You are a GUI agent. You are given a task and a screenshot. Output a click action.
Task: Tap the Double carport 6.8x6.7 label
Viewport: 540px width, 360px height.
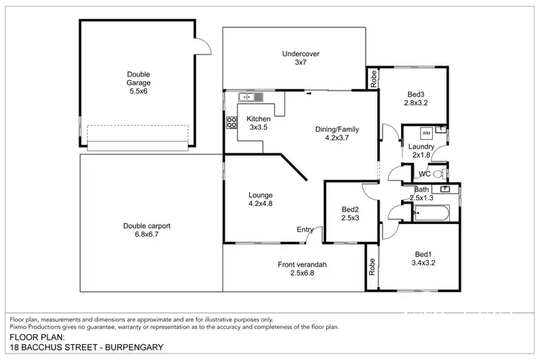click(147, 230)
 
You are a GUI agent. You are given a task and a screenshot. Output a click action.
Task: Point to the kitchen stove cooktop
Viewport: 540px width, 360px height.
click(233, 122)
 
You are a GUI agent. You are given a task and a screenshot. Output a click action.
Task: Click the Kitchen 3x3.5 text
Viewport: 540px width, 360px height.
click(258, 123)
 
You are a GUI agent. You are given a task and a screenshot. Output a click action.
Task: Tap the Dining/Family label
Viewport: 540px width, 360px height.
click(337, 134)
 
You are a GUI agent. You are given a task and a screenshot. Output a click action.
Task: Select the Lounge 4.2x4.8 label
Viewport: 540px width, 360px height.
click(260, 199)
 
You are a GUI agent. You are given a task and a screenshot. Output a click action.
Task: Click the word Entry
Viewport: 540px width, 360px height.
click(305, 230)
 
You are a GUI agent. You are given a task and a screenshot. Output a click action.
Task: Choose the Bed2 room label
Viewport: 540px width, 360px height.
click(350, 214)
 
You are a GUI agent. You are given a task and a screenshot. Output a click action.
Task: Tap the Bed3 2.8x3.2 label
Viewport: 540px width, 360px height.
click(416, 99)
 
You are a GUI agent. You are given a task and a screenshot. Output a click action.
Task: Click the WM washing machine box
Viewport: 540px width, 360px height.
click(426, 133)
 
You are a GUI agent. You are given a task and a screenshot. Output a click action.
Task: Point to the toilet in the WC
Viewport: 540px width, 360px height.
click(436, 174)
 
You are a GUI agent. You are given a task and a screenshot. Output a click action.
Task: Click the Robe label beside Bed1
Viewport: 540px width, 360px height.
click(372, 268)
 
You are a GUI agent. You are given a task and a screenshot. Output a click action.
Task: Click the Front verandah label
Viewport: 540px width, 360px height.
click(302, 269)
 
